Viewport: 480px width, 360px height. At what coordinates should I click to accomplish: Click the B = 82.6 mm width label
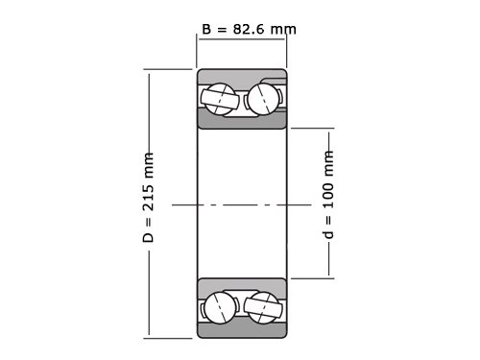249,29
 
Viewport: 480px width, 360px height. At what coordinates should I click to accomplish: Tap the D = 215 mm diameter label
148,198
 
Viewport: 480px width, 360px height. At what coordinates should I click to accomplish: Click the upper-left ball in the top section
219,99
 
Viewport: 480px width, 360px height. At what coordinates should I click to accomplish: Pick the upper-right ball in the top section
263,99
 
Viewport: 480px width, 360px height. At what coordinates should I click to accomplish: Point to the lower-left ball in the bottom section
221,307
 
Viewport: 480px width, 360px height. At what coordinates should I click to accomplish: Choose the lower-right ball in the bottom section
263,307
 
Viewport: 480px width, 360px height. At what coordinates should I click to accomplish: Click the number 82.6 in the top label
249,29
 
